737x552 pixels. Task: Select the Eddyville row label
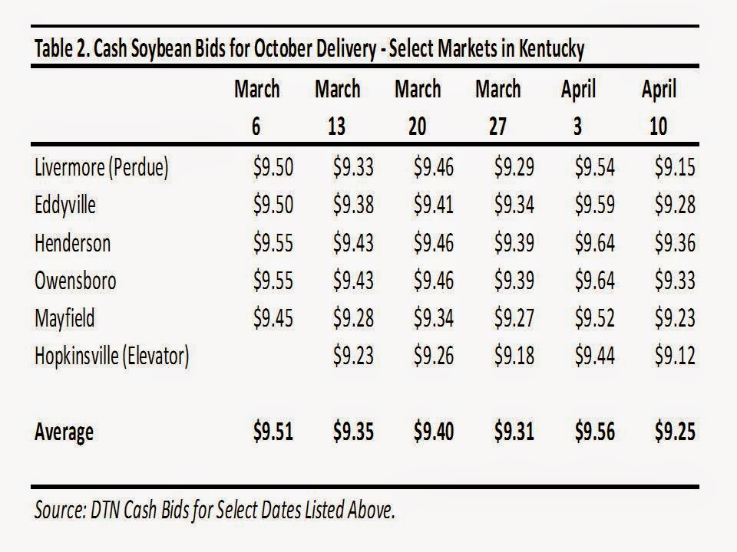[65, 206]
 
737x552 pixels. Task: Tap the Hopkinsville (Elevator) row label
[111, 356]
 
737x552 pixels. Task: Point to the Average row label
[64, 432]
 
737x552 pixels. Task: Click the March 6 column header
[256, 107]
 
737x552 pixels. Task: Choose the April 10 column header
[659, 107]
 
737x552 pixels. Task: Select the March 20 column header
[418, 107]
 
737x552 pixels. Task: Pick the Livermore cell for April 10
[675, 168]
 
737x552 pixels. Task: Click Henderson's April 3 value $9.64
[594, 243]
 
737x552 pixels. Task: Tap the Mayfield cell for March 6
[273, 318]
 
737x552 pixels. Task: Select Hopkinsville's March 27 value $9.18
[514, 356]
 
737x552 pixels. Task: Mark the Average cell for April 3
[594, 432]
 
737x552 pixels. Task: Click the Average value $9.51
[273, 432]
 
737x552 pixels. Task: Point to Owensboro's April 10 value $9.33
[675, 281]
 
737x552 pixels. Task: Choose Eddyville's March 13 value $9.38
[353, 205]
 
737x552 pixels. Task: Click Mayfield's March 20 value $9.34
[434, 318]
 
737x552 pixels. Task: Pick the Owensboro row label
[75, 281]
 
